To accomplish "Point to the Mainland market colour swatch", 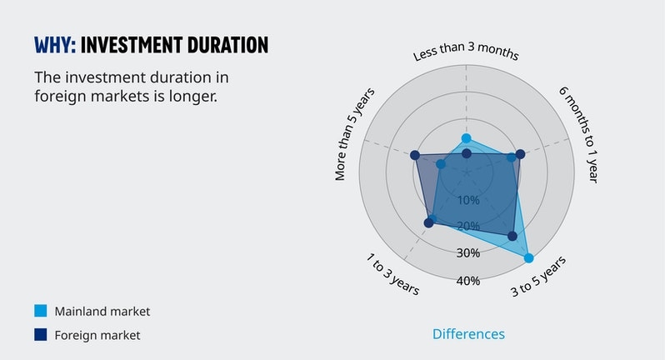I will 41,311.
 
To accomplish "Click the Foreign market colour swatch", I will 41,335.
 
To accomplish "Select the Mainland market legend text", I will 102,311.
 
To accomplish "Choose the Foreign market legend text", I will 97,335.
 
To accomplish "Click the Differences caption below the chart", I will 468,334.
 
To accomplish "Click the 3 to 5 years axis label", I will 538,277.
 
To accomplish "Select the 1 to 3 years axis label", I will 392,272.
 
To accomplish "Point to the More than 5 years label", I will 355,133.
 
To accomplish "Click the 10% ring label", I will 468,200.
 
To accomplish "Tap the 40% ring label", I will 468,281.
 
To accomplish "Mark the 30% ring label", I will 468,253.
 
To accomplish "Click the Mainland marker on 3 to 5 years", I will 528,258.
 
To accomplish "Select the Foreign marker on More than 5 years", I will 414,155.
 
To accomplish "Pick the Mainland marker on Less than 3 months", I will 466,138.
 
